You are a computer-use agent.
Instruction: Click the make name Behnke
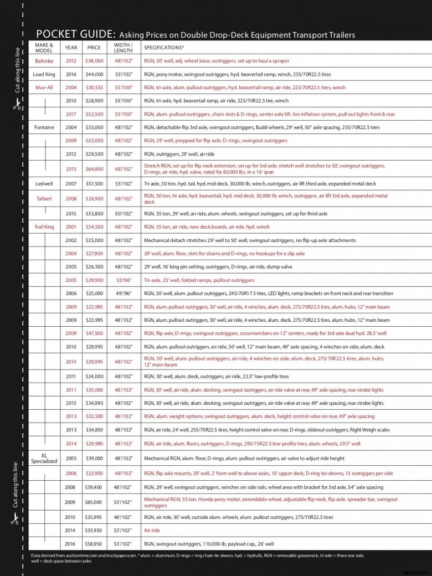pos(44,61)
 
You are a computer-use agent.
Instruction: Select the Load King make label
pos(44,74)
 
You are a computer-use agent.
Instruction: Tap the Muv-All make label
pos(44,88)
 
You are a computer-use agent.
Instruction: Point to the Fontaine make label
pos(44,127)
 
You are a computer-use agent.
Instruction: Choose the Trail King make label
pos(44,227)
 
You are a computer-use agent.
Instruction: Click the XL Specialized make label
pos(44,458)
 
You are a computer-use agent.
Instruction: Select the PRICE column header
pos(94,48)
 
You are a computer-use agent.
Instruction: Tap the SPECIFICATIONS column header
pos(163,48)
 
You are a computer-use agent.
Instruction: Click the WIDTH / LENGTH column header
pos(123,48)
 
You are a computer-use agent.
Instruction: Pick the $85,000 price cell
pos(94,502)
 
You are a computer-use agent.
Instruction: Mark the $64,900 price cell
pos(94,169)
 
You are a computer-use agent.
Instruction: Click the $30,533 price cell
pos(94,88)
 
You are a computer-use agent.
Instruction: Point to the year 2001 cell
pos(71,227)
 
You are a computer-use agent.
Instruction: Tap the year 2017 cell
pos(71,114)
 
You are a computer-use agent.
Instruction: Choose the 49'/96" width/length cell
pos(123,294)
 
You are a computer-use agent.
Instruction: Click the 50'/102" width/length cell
pos(123,213)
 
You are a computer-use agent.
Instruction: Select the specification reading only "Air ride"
pos(152,531)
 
